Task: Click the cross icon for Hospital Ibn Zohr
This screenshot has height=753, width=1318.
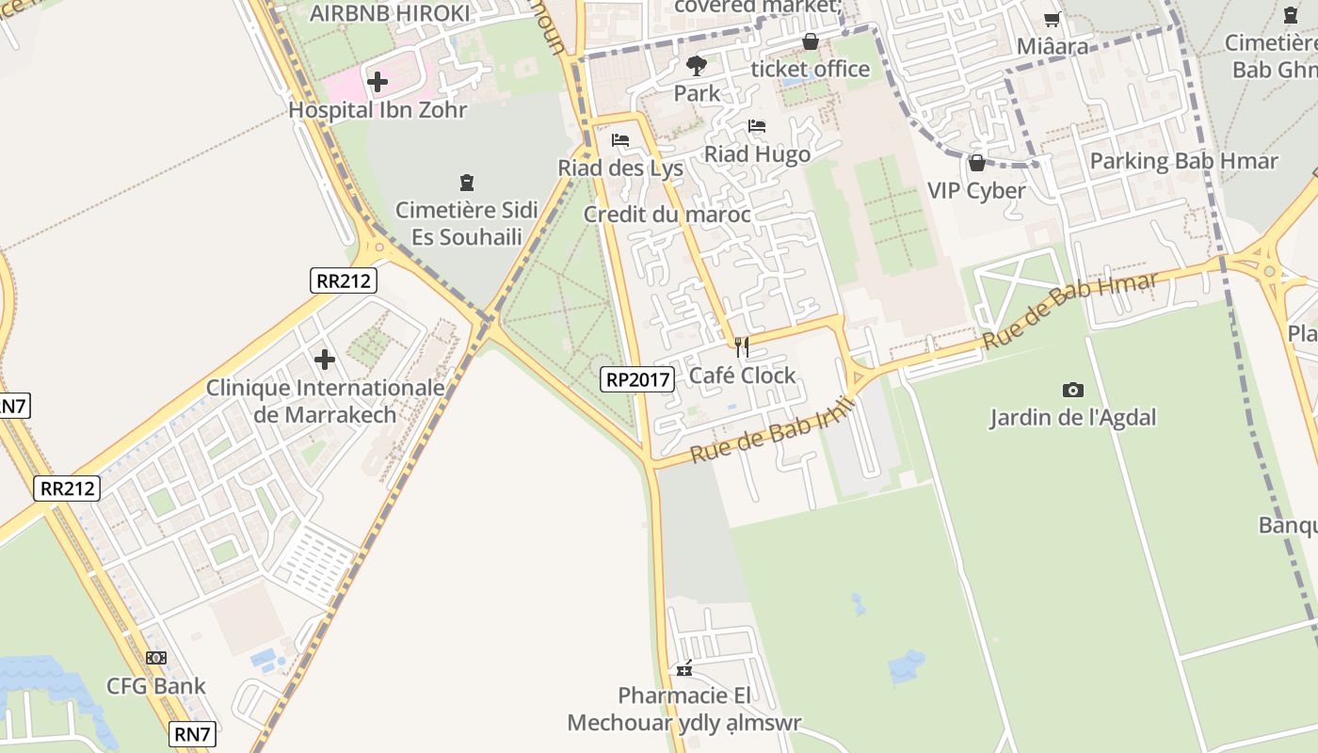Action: (x=378, y=82)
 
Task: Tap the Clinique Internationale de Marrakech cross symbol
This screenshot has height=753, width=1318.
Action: (x=325, y=359)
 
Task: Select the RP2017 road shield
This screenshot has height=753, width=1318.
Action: (x=637, y=379)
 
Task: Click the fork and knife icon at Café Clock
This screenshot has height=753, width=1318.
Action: (x=742, y=347)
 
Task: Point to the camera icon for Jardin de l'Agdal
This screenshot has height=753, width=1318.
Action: (x=1072, y=390)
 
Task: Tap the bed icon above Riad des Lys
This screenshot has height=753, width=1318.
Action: (x=619, y=140)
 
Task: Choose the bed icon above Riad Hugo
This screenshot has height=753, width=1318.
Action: (x=757, y=126)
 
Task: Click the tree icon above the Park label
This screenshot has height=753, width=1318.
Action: (x=697, y=65)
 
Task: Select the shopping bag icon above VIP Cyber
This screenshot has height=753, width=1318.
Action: (x=976, y=163)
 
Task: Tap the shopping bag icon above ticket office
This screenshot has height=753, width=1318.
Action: (x=810, y=41)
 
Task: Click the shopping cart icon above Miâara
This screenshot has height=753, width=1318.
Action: (x=1052, y=19)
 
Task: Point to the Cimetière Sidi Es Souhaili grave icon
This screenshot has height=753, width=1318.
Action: (x=466, y=182)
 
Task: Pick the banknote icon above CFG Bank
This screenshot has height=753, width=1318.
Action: (x=156, y=657)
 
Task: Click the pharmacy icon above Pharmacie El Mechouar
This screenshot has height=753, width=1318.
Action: (x=684, y=668)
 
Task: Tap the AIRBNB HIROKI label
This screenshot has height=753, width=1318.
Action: (x=390, y=13)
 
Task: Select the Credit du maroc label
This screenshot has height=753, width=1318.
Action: (x=667, y=215)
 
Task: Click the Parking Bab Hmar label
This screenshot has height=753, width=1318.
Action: (x=1183, y=161)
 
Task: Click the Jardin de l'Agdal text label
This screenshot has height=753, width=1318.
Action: (x=1072, y=417)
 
